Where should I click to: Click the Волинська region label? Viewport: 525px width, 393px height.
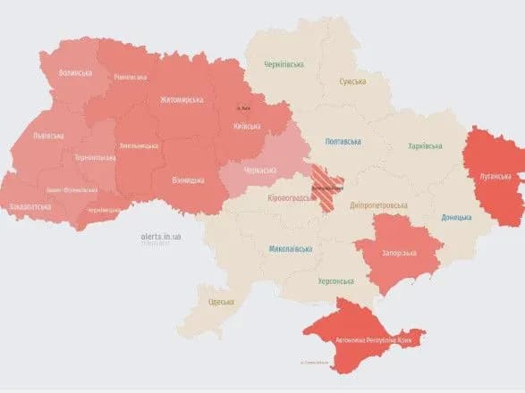[x=75, y=72]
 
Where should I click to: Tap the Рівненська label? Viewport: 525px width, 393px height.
[x=131, y=78]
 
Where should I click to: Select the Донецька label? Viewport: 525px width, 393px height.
[x=457, y=217]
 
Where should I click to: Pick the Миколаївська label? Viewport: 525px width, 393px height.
[x=290, y=248]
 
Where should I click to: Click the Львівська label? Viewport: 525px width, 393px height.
[x=47, y=135]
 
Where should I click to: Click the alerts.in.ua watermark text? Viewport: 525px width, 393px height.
[x=161, y=236]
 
